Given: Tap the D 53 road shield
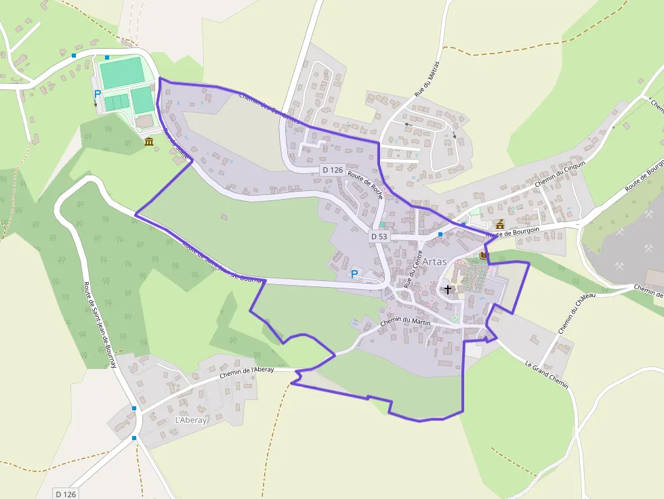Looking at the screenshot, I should pos(378,236).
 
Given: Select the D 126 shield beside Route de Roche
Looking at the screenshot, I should pos(332,170).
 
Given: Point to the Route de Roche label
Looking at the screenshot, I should pos(365,185).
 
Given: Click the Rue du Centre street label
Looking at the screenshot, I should pos(413,269).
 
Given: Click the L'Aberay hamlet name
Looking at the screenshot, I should pos(190,420).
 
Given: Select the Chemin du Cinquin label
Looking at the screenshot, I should pos(559,175).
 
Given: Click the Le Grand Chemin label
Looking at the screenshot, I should pos(546,374).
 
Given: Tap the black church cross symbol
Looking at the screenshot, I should pos(447,289).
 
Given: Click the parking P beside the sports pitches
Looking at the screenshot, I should pos(97,94).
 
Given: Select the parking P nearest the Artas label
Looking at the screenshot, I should pos(354,274).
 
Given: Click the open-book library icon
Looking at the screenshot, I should pos(483,255).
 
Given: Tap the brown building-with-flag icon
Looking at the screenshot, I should pos(501,224).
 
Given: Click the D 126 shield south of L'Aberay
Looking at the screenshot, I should pos(65,494).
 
